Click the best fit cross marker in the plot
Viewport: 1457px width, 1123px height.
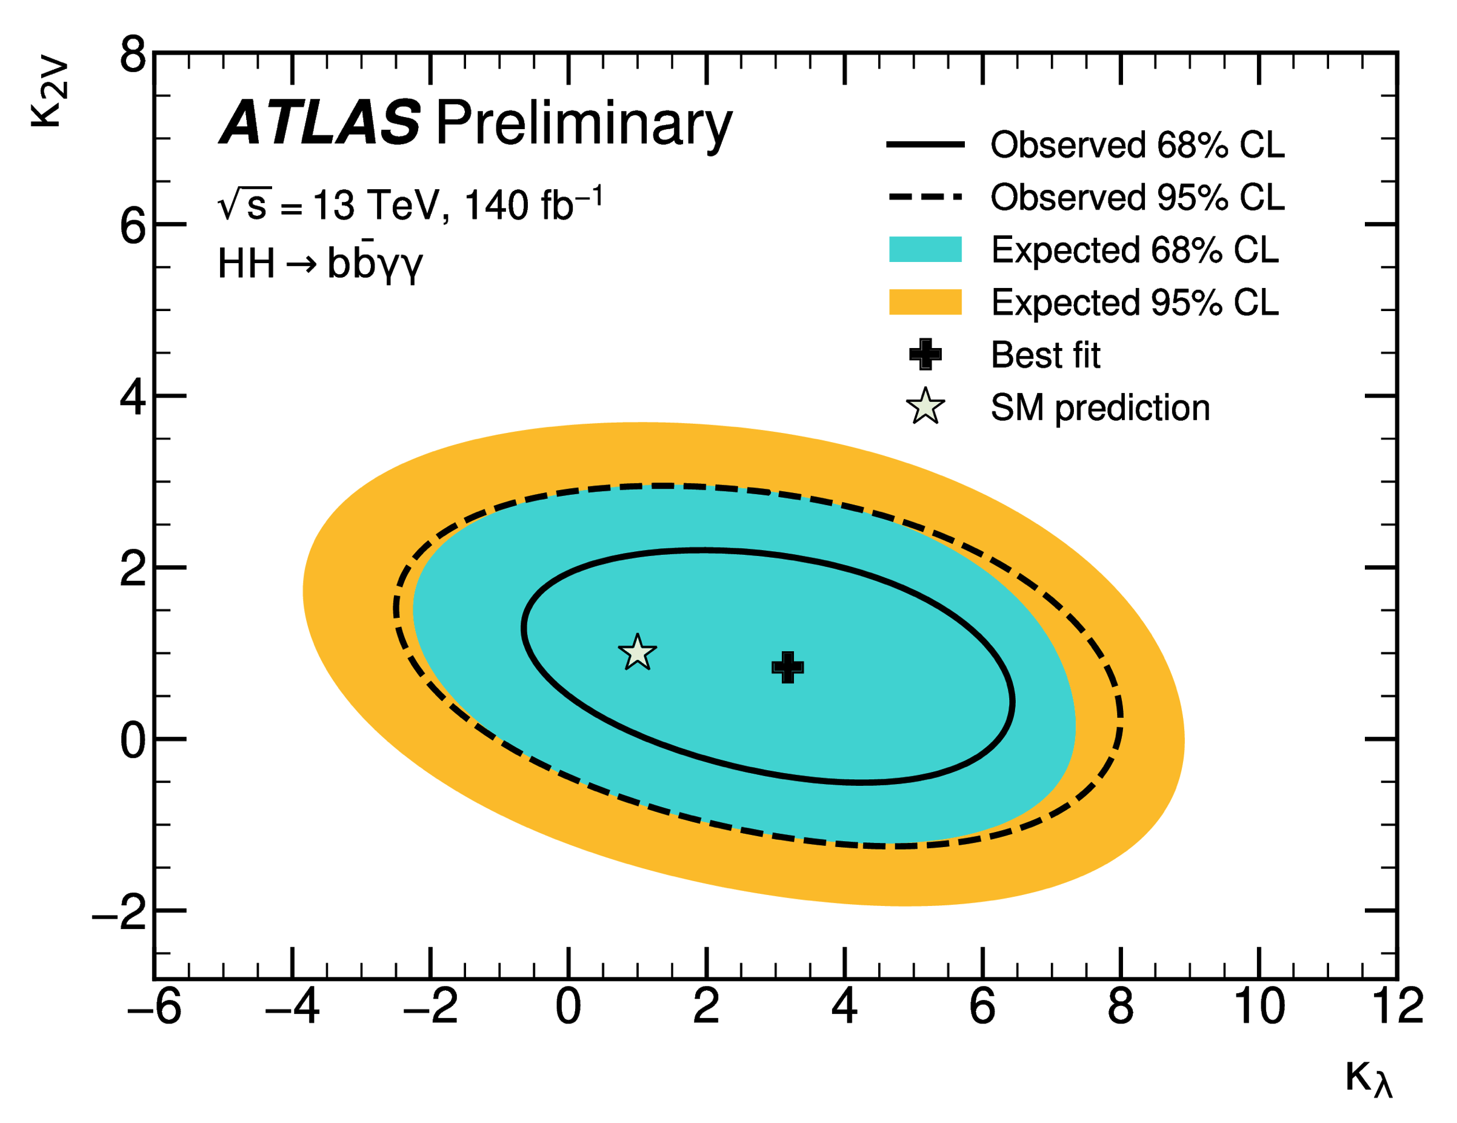(x=787, y=667)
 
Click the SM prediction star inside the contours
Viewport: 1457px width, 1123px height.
(x=637, y=652)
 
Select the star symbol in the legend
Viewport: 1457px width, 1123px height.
(x=925, y=407)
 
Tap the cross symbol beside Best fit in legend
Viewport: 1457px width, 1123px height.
(x=925, y=354)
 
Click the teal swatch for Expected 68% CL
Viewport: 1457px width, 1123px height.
(x=925, y=249)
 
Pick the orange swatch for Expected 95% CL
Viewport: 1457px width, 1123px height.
(x=925, y=301)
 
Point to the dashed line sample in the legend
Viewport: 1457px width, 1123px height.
(x=925, y=197)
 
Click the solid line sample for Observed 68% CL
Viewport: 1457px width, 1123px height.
(x=925, y=144)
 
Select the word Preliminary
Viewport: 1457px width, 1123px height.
(x=584, y=124)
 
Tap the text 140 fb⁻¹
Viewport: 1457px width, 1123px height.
(x=534, y=204)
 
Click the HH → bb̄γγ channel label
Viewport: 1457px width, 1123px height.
(x=320, y=264)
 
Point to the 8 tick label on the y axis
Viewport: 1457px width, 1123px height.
(x=133, y=55)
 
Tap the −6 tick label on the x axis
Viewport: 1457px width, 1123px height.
(x=154, y=1006)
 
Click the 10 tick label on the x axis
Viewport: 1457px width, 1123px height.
(x=1259, y=1006)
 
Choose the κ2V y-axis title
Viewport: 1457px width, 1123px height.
(x=50, y=93)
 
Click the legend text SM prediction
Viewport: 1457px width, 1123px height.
(x=1100, y=407)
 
